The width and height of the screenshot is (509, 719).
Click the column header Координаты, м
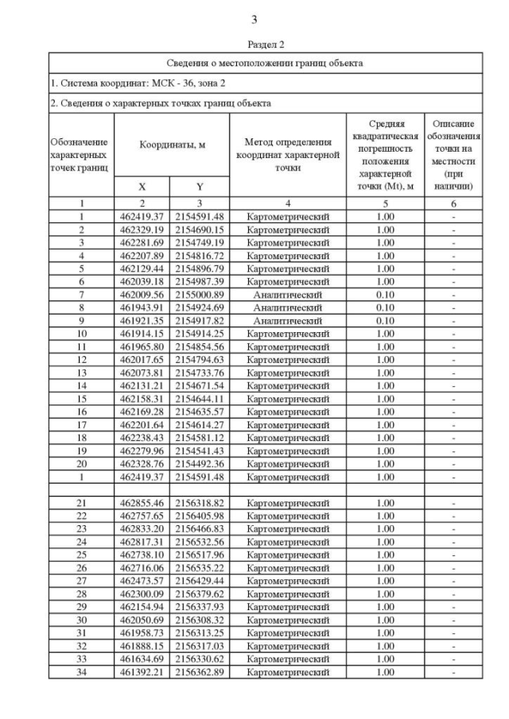172,146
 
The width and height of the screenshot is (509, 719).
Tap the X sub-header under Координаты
142,187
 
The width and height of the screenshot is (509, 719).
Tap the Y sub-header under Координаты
200,187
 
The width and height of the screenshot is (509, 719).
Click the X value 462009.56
142,294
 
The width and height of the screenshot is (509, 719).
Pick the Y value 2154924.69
200,307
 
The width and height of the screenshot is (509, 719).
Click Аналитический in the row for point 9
287,320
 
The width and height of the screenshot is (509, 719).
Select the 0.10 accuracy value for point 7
385,294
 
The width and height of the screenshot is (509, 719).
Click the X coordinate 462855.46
142,503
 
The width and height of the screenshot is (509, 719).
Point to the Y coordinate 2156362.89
200,672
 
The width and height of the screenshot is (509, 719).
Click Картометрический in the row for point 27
287,581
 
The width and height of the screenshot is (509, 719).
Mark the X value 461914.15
142,333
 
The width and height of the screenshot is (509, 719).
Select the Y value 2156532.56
200,542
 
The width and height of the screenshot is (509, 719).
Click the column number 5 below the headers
385,203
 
